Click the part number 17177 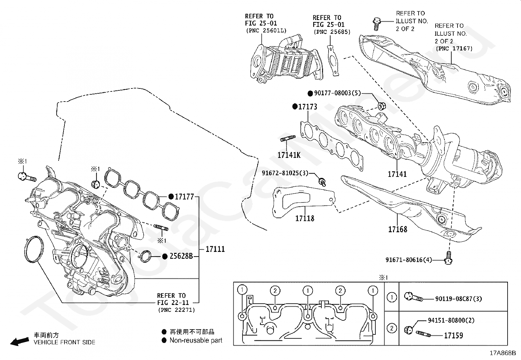pos(184,197)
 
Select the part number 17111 pos(215,249)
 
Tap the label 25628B pos(181,256)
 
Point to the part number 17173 pos(308,107)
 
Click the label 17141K pos(289,155)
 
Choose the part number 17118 pos(305,218)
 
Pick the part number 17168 pos(398,229)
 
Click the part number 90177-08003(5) pos(337,93)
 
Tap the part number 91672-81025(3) pos(285,173)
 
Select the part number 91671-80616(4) pos(409,260)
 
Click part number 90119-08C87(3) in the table pos(458,298)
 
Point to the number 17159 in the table pos(453,335)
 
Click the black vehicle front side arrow pos(20,342)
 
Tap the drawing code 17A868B pos(503,353)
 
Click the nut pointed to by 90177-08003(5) pos(382,106)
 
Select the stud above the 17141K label pos(288,138)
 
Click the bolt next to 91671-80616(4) pos(448,258)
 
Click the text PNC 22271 pos(176,310)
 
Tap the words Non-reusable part pos(196,340)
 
